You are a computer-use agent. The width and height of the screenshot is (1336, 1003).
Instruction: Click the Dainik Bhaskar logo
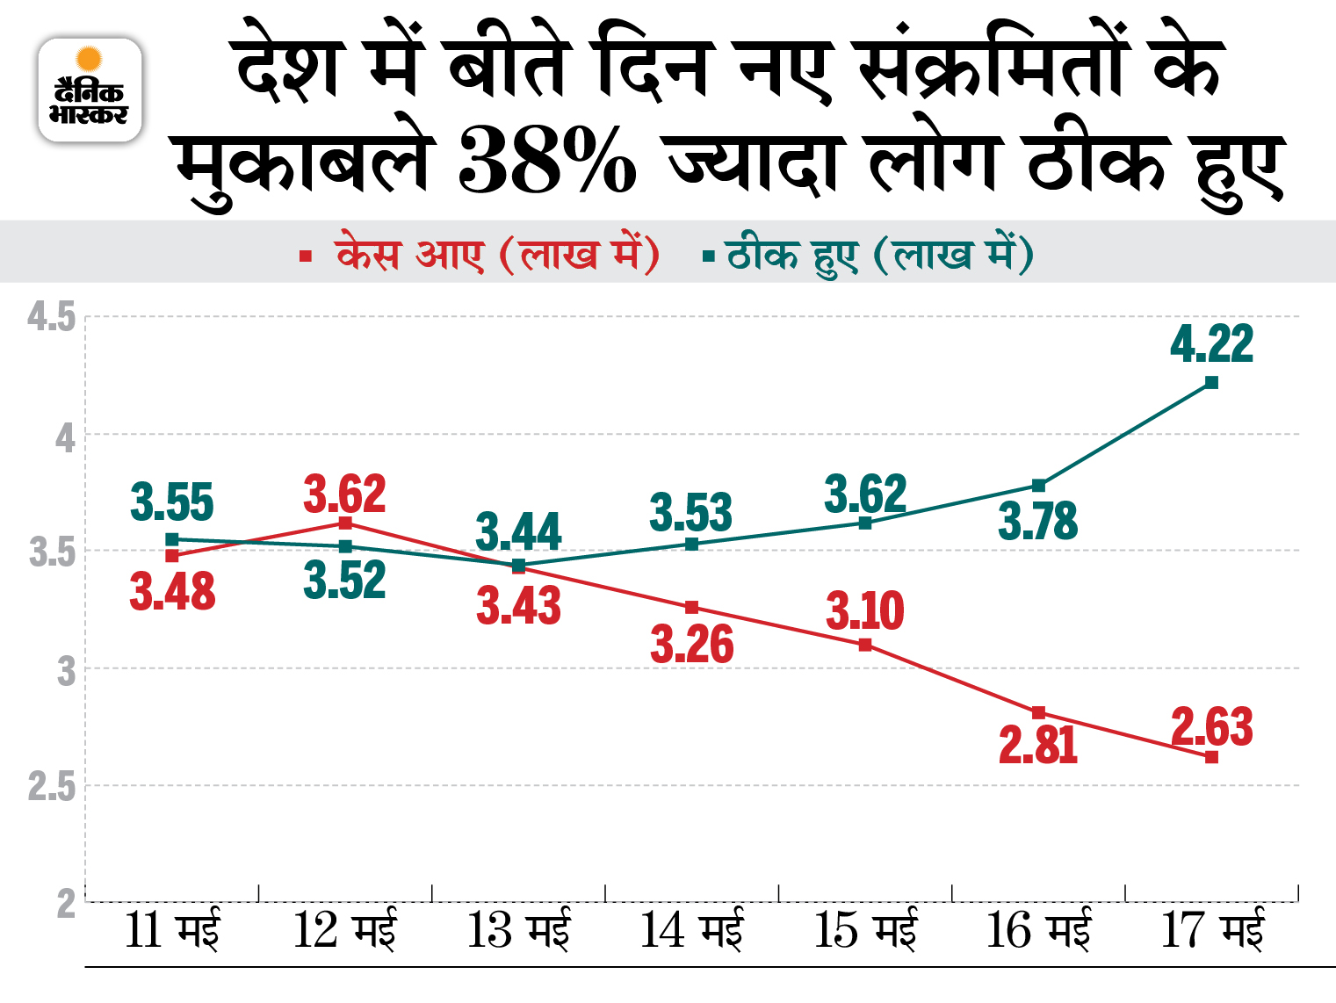coord(90,90)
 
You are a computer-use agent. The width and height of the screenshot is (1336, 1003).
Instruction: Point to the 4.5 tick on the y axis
coord(51,317)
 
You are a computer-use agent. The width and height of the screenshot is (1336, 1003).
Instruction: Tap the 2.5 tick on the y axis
coord(51,787)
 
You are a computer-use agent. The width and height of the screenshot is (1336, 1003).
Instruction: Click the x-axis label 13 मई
coord(518,931)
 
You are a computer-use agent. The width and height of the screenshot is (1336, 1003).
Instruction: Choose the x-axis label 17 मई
coord(1212,931)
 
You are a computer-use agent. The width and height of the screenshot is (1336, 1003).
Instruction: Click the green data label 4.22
coord(1211,343)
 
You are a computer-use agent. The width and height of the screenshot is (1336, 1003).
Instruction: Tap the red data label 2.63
coord(1211,727)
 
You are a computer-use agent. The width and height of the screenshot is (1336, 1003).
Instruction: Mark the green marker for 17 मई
coord(1211,382)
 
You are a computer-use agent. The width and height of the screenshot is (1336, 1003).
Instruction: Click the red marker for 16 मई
coord(1038,712)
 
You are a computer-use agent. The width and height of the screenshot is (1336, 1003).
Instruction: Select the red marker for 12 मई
coord(345,523)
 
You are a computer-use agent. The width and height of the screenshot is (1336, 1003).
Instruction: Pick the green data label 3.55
coord(172,503)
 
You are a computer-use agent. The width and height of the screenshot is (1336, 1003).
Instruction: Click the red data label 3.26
coord(692,646)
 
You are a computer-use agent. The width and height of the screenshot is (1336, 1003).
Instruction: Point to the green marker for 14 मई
coord(692,545)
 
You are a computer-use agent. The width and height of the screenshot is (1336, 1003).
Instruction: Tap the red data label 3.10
coord(865,610)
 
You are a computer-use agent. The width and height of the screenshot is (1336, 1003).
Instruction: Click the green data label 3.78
coord(1038,522)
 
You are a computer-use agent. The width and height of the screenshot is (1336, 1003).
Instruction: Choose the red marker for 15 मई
coord(865,645)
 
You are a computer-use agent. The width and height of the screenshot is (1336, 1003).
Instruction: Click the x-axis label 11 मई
coord(172,931)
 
